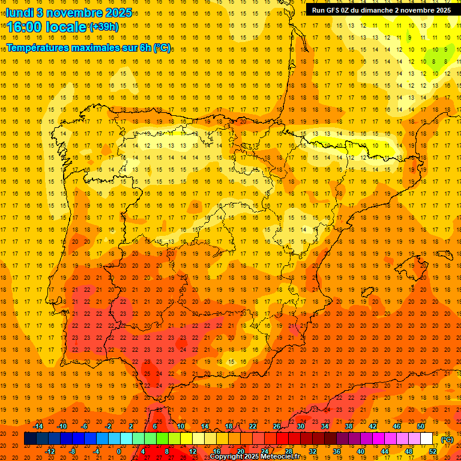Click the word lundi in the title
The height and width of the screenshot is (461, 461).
[x=20, y=12]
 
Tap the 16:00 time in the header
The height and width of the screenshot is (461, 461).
[x=26, y=27]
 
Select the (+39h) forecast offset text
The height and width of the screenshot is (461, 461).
[x=103, y=26]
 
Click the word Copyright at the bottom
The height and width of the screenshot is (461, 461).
[x=226, y=457]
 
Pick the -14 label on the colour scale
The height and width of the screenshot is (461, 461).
[x=38, y=426]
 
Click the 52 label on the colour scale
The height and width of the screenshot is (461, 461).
[x=433, y=451]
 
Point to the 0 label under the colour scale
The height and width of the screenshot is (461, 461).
[x=119, y=451]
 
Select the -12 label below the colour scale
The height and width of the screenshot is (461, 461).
[x=50, y=451]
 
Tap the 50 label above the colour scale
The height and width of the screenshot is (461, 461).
[x=421, y=426]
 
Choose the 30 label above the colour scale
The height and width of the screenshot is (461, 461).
[x=301, y=426]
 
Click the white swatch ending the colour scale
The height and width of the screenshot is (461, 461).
[x=426, y=439]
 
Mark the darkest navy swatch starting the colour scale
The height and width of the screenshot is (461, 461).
[x=30, y=439]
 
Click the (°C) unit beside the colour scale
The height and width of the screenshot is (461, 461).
[x=447, y=439]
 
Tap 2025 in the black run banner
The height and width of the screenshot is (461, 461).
[x=443, y=10]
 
